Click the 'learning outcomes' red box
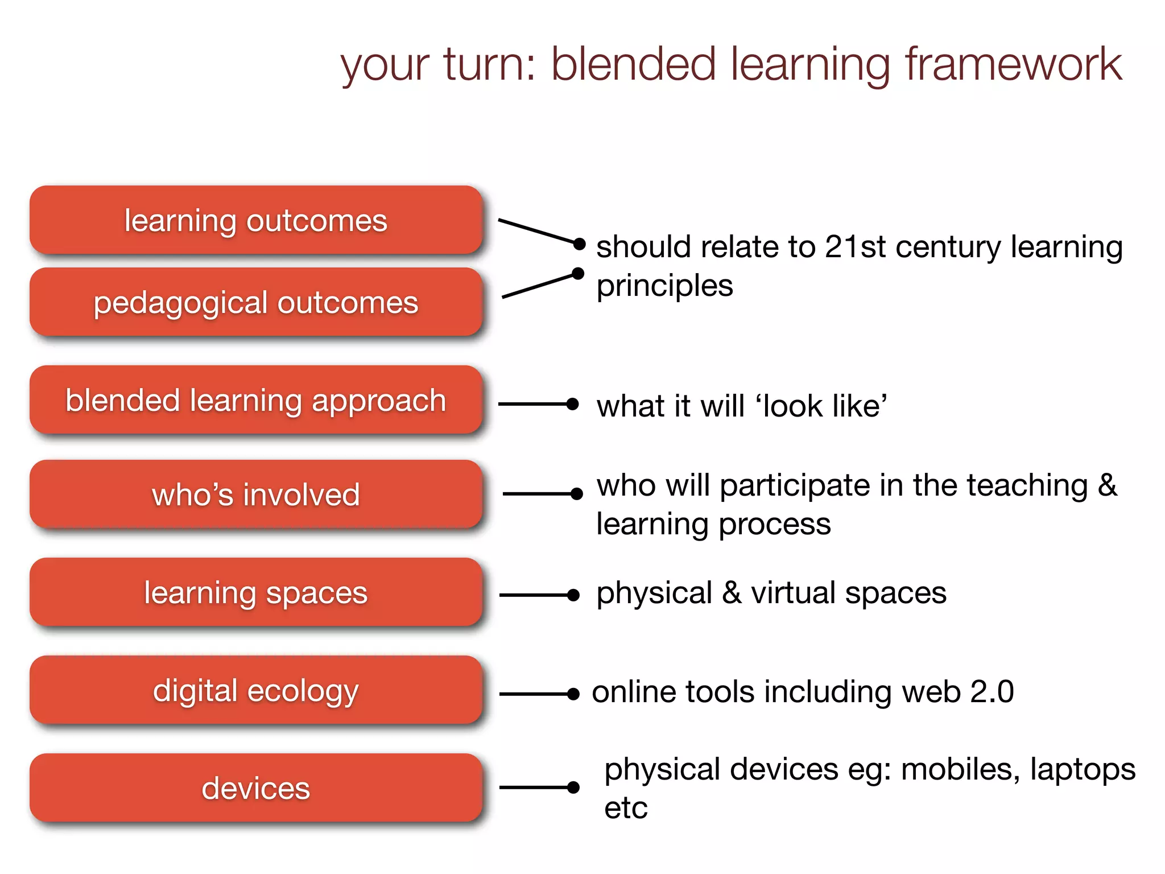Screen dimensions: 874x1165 (256, 220)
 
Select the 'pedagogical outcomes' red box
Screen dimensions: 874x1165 (256, 302)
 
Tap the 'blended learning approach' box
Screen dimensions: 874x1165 (256, 400)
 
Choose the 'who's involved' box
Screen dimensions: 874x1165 (256, 494)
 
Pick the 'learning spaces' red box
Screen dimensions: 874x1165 (256, 592)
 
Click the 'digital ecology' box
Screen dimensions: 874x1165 (256, 690)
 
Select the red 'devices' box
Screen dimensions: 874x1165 (256, 788)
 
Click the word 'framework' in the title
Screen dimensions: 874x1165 (1013, 64)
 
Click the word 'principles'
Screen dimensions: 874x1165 (664, 286)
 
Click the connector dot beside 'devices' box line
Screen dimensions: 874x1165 (573, 788)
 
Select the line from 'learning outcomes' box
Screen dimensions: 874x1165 (538, 231)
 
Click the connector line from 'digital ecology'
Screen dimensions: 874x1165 (535, 694)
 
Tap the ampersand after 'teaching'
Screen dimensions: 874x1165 (1107, 485)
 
